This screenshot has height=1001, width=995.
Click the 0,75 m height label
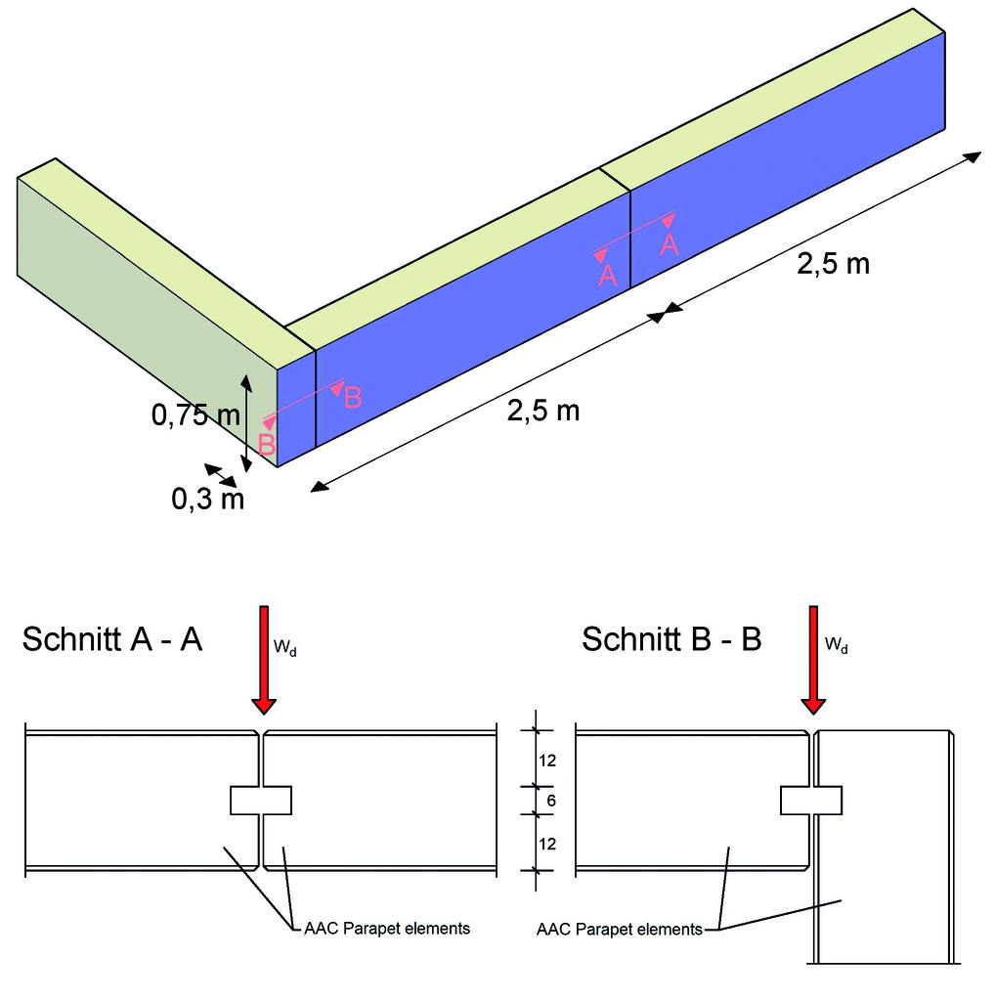[x=195, y=415]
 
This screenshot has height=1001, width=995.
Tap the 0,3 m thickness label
[x=207, y=500]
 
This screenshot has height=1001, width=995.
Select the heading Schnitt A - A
[x=111, y=639]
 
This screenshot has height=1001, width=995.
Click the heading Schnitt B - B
[x=671, y=639]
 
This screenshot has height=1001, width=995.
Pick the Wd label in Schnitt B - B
[x=837, y=645]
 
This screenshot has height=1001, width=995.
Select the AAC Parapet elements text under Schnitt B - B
[x=620, y=929]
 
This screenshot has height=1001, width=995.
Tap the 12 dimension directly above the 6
[x=547, y=760]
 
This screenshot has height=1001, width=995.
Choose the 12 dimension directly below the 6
[x=547, y=843]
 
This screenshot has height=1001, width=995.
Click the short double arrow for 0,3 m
[x=220, y=475]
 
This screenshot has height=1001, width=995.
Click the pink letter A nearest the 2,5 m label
[x=670, y=243]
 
